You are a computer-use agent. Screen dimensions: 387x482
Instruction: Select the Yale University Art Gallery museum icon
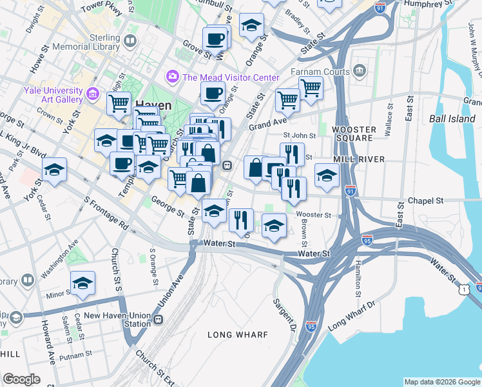[93, 95]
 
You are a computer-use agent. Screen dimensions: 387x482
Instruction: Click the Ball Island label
[454, 118]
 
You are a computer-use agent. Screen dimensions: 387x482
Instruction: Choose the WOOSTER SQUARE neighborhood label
[353, 134]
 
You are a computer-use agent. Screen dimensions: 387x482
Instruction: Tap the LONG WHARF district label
[234, 334]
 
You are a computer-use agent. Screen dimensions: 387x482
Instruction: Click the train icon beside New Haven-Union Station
[158, 319]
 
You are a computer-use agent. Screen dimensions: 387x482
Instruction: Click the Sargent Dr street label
[284, 311]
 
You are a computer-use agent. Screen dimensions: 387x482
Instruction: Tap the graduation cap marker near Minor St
[82, 283]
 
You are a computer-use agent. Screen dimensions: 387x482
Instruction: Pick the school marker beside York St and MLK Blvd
[55, 170]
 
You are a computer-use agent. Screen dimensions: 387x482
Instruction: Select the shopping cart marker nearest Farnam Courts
[311, 88]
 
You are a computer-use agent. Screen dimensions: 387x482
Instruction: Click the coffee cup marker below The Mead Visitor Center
[213, 94]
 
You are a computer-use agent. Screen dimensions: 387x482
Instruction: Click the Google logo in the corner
[21, 379]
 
